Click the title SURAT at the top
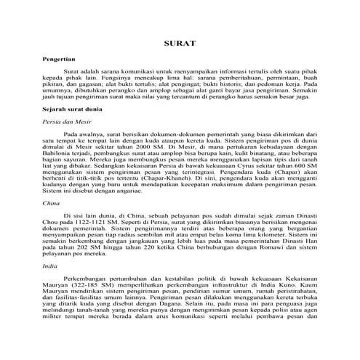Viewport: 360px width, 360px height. click(180, 43)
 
